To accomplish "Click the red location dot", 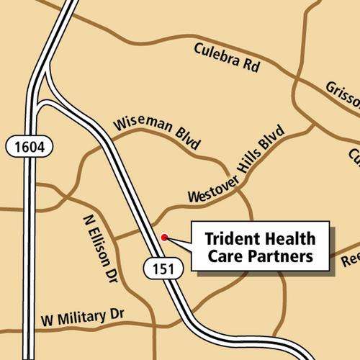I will tap(165, 236).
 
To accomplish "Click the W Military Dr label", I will tap(83, 316).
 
